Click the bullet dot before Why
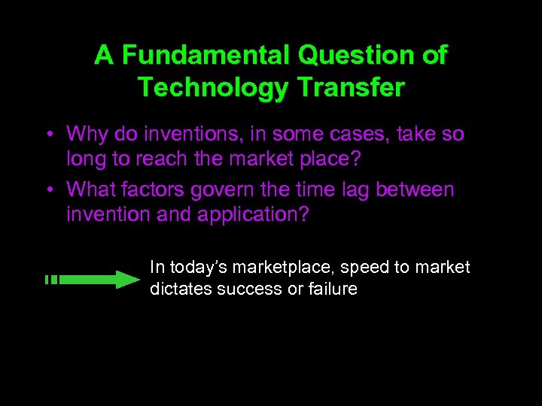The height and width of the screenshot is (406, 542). pos(47,136)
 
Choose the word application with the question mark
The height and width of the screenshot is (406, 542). pos(253,214)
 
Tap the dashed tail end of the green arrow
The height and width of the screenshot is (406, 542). pos(50,280)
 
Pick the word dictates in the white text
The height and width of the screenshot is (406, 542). pos(181,289)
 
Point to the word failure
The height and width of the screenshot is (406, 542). pos(332,289)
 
